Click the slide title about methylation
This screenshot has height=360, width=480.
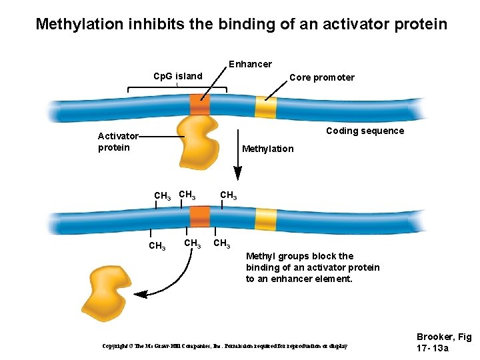[x=241, y=25]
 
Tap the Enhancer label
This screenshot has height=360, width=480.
[x=250, y=64]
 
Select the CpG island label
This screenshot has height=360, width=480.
[x=177, y=76]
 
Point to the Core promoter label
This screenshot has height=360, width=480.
[x=322, y=77]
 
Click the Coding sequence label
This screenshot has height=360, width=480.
[x=365, y=131]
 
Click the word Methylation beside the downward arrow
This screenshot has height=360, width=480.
[x=267, y=149]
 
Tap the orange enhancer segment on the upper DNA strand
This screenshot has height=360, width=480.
[x=199, y=105]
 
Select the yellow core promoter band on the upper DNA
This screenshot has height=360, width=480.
[x=266, y=107]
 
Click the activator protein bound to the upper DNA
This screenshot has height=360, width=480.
[x=198, y=142]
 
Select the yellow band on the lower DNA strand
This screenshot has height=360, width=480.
[x=266, y=219]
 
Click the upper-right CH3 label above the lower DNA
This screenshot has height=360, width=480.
[x=228, y=196]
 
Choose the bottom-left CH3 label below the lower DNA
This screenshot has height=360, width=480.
[x=157, y=246]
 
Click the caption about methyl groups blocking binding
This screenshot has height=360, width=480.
[x=313, y=267]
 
